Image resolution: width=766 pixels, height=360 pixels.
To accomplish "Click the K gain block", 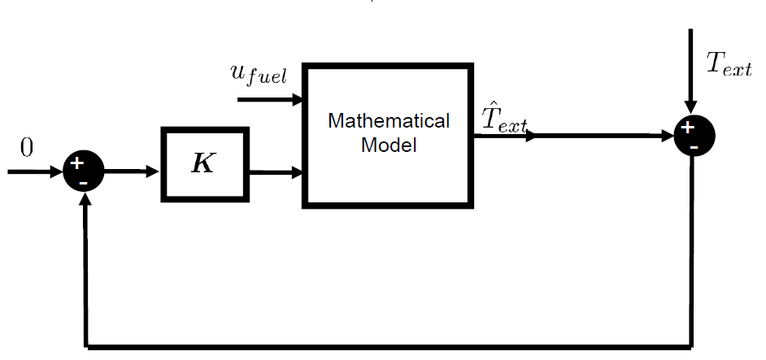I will (x=205, y=163).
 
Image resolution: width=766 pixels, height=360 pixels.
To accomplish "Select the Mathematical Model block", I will (x=388, y=134).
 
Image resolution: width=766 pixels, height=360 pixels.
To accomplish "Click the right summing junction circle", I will (x=694, y=137).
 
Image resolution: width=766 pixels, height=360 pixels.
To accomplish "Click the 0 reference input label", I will (x=27, y=147).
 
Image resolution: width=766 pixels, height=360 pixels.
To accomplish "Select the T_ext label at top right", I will (x=728, y=64).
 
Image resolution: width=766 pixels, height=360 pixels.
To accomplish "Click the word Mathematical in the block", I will (x=388, y=121).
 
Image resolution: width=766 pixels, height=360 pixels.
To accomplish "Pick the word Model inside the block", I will (x=389, y=146).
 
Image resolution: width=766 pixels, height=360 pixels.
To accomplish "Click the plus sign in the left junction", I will (x=77, y=164).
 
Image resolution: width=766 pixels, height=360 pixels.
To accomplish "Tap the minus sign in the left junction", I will (x=84, y=183).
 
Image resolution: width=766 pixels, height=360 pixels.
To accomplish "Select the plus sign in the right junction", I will (x=687, y=128).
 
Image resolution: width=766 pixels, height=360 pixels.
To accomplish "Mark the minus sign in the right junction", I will (x=694, y=148).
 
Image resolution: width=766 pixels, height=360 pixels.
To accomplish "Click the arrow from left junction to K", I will (x=132, y=171).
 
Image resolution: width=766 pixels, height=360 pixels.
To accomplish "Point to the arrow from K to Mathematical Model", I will (x=276, y=172).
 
